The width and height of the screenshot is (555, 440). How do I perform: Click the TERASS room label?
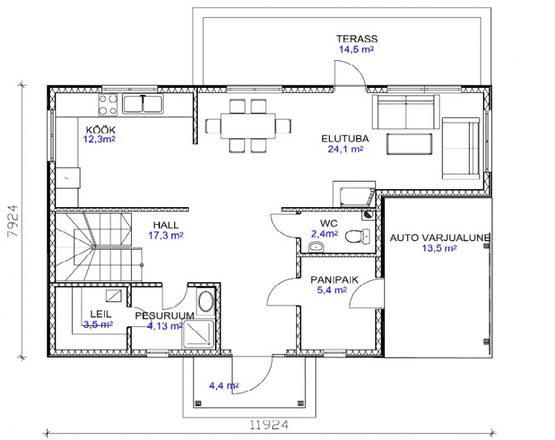pos(357,39)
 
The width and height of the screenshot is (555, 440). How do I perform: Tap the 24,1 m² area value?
pos(345,149)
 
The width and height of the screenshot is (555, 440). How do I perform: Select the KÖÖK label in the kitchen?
pos(101,130)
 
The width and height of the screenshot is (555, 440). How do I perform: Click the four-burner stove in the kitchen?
pos(108,105)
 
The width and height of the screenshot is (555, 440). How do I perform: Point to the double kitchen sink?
pos(143,104)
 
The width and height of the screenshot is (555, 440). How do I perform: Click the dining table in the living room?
pos(248,126)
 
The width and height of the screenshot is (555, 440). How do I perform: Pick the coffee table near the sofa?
pos(409,144)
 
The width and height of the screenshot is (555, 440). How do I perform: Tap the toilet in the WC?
pos(357,236)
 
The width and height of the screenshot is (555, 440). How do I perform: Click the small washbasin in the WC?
pos(316,247)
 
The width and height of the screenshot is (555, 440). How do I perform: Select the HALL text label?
pos(166,225)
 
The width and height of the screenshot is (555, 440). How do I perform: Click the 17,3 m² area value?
pos(166,235)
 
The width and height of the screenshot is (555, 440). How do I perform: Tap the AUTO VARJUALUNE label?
pos(439,238)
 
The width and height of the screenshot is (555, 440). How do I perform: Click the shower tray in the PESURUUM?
pos(198,335)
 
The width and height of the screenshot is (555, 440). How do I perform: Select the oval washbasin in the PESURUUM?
pos(205,301)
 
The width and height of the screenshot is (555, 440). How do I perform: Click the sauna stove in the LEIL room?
pos(114,296)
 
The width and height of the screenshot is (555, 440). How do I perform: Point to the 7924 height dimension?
pos(13,221)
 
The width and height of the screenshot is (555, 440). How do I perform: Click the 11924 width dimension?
pos(269,425)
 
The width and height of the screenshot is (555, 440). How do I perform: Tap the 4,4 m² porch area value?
pos(223,385)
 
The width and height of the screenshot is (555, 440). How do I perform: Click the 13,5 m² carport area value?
pos(439,248)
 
